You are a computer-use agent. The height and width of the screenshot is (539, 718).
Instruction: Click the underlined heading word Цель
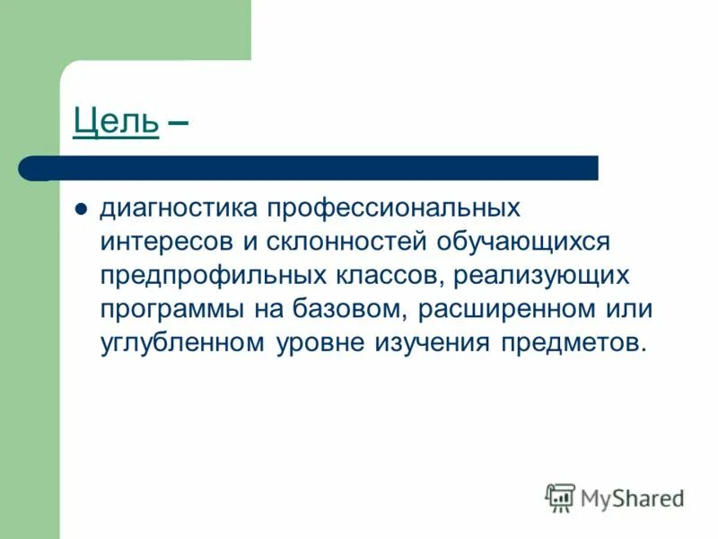pyautogui.click(x=117, y=121)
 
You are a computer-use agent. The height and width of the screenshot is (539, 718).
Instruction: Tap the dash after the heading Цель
pyautogui.click(x=178, y=121)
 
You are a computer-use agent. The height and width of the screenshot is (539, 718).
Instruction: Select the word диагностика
pyautogui.click(x=177, y=208)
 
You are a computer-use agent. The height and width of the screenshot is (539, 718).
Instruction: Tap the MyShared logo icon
pyautogui.click(x=560, y=496)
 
